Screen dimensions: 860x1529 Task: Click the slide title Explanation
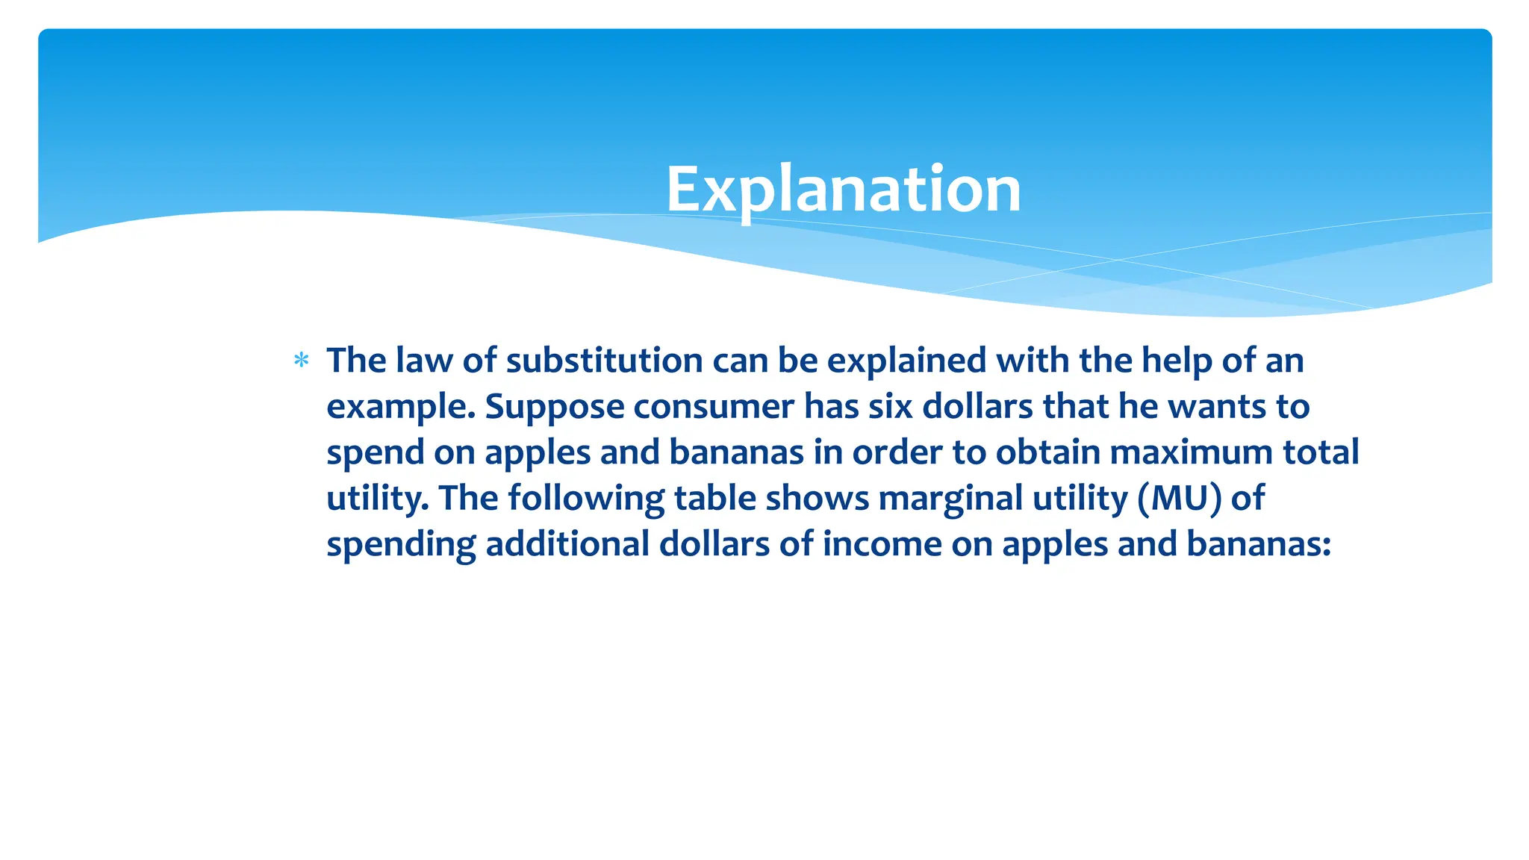point(843,190)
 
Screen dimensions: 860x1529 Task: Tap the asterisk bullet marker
point(302,361)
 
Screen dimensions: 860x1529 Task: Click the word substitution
point(604,361)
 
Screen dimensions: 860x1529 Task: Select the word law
point(423,361)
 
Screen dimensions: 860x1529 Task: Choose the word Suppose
point(555,407)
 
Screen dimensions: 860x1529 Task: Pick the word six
point(890,407)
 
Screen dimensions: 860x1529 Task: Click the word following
point(586,499)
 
